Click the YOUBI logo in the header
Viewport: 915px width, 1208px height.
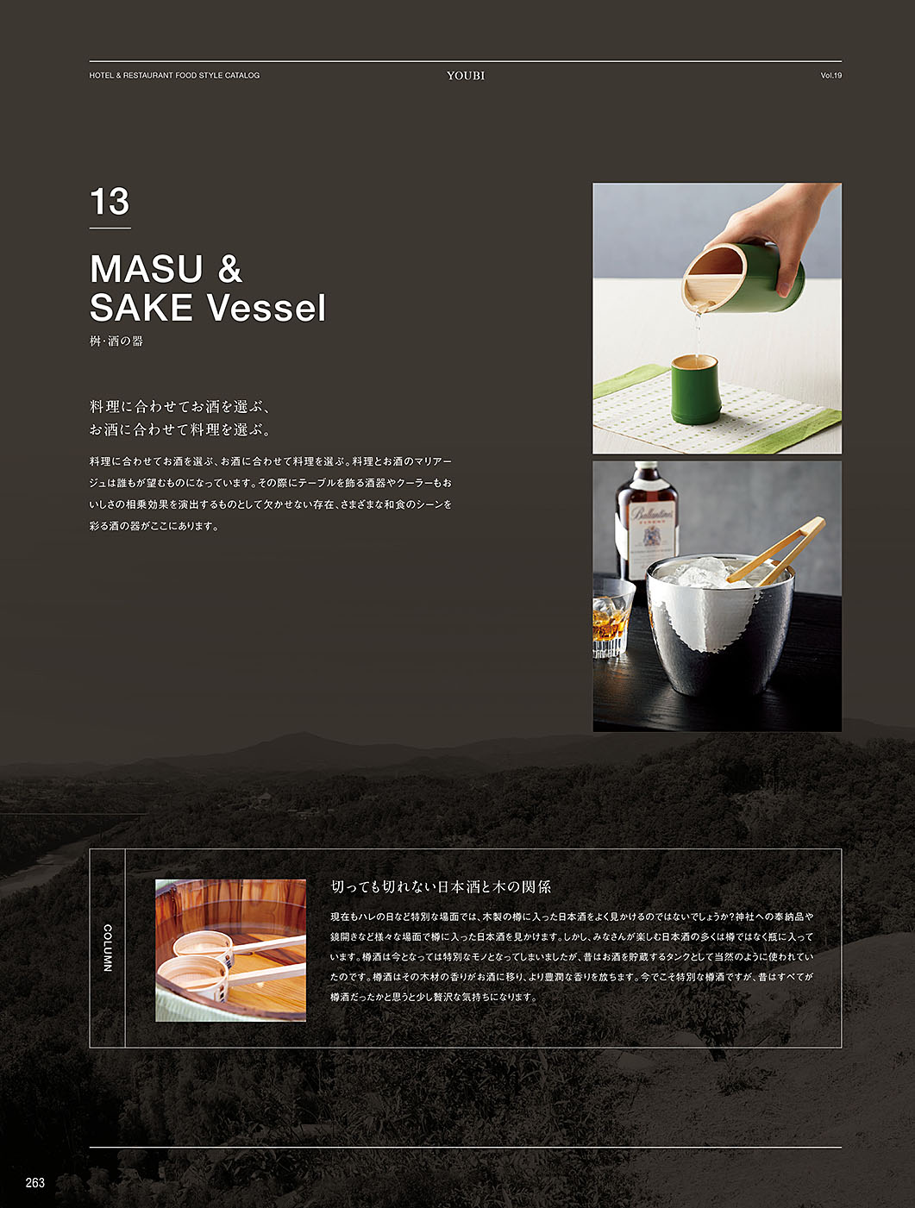pyautogui.click(x=466, y=75)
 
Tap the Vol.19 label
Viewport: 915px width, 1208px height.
pyautogui.click(x=830, y=75)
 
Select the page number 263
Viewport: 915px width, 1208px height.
pyautogui.click(x=34, y=1182)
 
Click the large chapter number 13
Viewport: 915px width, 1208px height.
pyautogui.click(x=110, y=202)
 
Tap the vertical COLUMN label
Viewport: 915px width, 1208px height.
pyautogui.click(x=108, y=948)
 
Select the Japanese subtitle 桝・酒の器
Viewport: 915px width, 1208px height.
pyautogui.click(x=116, y=341)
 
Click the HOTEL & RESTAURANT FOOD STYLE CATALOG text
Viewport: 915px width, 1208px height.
pyautogui.click(x=174, y=75)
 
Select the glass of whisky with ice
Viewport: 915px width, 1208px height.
pyautogui.click(x=611, y=619)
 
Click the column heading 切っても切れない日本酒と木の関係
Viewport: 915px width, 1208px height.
pyautogui.click(x=441, y=886)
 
